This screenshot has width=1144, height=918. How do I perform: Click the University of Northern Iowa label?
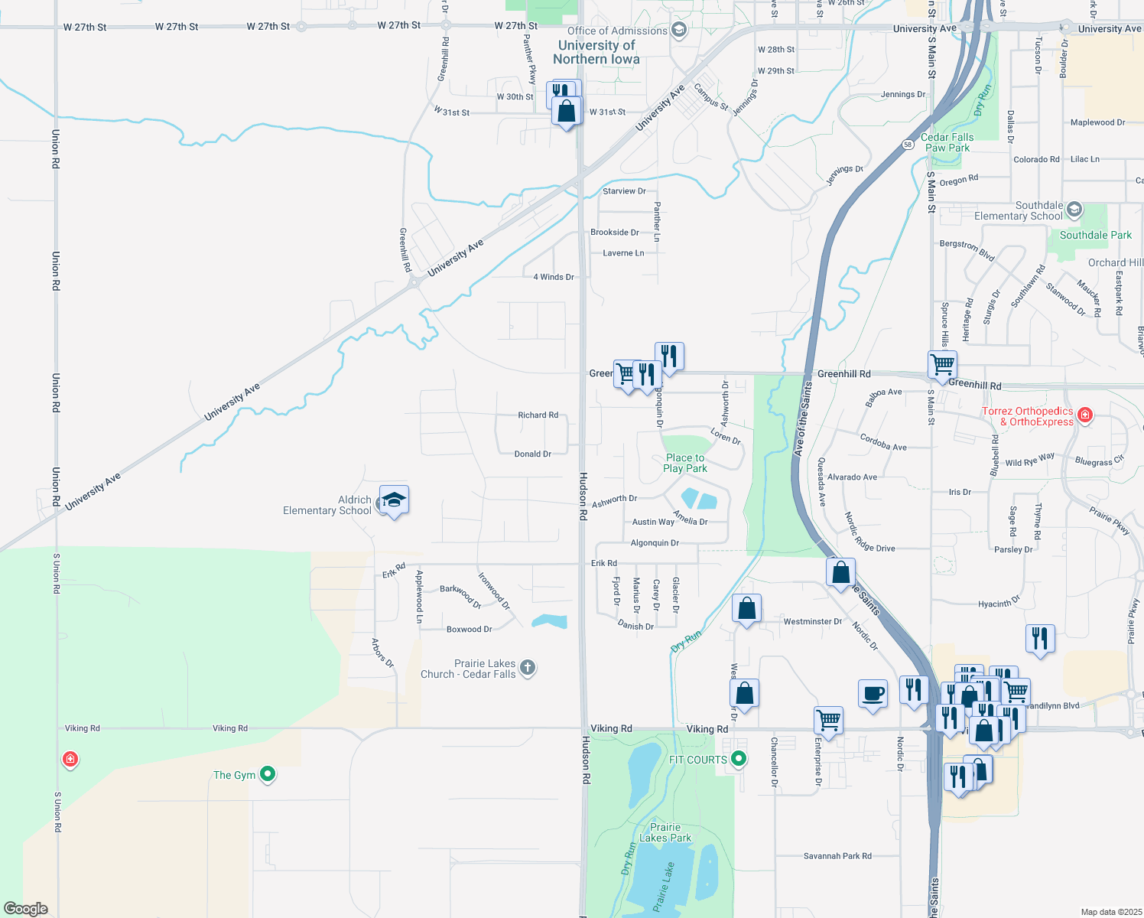click(x=596, y=52)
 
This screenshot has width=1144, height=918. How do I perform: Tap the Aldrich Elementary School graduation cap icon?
click(x=394, y=500)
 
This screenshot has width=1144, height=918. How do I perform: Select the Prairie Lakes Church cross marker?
click(x=528, y=668)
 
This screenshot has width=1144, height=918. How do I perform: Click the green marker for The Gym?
click(x=268, y=774)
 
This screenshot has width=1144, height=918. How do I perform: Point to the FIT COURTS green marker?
click(x=739, y=759)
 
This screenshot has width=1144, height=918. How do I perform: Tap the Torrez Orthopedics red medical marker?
click(x=1084, y=415)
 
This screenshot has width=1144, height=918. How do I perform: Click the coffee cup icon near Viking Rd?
click(x=873, y=694)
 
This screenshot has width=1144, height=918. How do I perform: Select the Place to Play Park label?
click(x=684, y=463)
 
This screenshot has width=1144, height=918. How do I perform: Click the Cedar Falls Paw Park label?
click(x=947, y=142)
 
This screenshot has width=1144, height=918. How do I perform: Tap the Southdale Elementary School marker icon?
click(x=1074, y=210)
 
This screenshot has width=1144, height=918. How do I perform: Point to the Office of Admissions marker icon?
click(x=678, y=31)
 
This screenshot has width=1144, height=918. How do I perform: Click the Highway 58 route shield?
click(x=908, y=144)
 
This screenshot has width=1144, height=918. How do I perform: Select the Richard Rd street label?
click(x=538, y=415)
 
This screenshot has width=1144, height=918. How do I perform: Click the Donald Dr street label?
click(x=532, y=454)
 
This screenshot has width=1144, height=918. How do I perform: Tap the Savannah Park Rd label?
click(x=837, y=856)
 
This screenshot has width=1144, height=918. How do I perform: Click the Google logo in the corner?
click(x=26, y=909)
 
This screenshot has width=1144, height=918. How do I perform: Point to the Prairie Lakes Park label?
click(x=665, y=832)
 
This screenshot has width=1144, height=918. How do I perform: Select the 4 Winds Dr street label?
click(x=553, y=277)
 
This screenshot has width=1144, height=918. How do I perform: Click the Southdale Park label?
click(x=1095, y=235)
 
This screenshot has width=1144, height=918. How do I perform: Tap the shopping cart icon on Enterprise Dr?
click(x=828, y=720)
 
